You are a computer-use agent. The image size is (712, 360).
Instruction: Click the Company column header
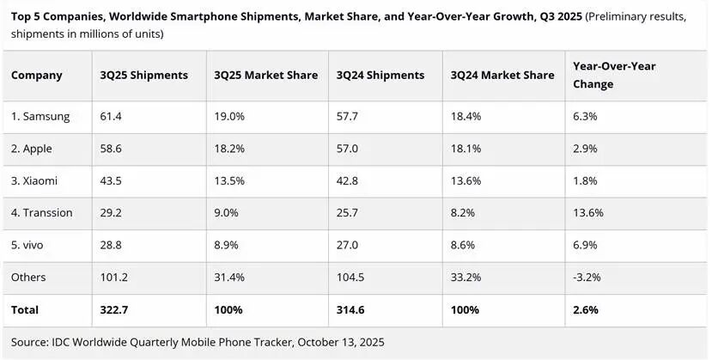pyautogui.click(x=37, y=75)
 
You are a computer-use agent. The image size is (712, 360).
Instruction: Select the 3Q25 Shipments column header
pyautogui.click(x=144, y=75)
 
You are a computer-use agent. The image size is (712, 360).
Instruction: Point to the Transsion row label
pyautogui.click(x=42, y=212)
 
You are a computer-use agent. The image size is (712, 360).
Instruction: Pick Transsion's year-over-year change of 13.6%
pyautogui.click(x=589, y=212)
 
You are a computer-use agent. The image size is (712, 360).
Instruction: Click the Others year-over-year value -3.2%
pyautogui.click(x=588, y=277)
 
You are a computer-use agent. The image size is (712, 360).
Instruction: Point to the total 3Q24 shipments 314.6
pyautogui.click(x=349, y=309)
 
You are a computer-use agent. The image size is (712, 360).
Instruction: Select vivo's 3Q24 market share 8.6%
pyautogui.click(x=464, y=245)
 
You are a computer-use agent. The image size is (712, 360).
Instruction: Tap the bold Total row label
pyautogui.click(x=26, y=309)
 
